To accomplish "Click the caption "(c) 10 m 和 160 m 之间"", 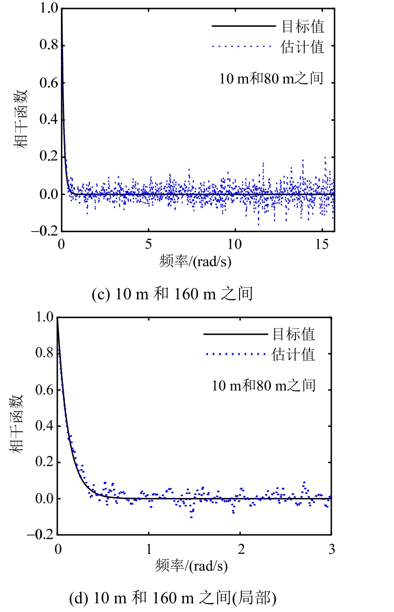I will click(172, 294).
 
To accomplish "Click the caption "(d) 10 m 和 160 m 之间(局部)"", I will click(172, 598).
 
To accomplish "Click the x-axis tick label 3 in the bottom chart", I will click(332, 549).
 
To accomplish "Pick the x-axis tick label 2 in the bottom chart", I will click(240, 549).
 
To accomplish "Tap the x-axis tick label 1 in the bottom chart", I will click(149, 549).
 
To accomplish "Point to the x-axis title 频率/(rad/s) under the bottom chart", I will click(192, 566).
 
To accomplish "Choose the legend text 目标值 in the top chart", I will click(302, 27).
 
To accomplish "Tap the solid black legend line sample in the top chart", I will click(244, 27).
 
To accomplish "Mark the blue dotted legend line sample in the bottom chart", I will click(235, 355).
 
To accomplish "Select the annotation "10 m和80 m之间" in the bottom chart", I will click(264, 385).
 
